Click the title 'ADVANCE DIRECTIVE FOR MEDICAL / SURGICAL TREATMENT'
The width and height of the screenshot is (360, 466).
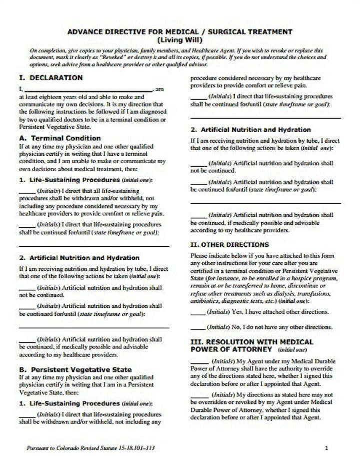[x=179, y=32]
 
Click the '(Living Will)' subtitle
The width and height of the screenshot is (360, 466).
[x=179, y=40]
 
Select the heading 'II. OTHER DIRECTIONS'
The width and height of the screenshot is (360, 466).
[x=229, y=245]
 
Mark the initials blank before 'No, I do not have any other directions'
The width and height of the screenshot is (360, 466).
[x=198, y=328]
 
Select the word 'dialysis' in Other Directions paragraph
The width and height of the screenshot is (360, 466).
[x=267, y=294]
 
